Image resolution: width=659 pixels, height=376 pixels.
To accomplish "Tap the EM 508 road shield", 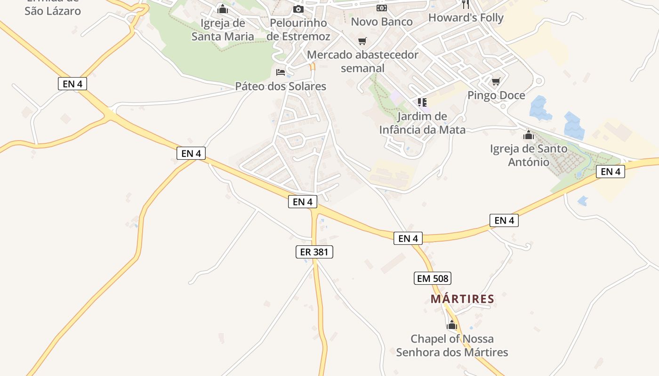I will (433, 278).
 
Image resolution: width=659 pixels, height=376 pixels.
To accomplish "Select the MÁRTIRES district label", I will (462, 299).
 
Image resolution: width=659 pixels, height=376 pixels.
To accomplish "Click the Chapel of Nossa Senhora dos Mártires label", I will (452, 345).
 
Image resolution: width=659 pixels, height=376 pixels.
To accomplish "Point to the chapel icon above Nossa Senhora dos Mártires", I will (452, 325).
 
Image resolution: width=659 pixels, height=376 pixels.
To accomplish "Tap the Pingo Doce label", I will (496, 95).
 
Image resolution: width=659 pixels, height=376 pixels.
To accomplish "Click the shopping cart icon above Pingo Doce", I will (496, 82).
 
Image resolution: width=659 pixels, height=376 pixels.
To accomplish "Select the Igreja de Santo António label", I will (528, 156).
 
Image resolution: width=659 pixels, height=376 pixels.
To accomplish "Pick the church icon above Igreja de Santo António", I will (528, 135).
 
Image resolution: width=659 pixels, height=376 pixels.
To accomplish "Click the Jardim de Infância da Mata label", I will (422, 123).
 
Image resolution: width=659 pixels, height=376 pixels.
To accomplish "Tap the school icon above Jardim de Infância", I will (422, 102).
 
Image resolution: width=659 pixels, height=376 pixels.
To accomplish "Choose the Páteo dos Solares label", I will (281, 86).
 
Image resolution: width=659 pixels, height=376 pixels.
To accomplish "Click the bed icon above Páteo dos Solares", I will (281, 72).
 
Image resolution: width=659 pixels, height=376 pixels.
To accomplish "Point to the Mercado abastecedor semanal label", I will (362, 62).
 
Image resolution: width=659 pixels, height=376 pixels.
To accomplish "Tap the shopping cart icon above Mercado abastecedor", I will (362, 41).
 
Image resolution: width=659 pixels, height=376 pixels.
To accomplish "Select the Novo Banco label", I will (382, 22).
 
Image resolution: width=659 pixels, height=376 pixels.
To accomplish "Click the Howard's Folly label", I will (466, 18).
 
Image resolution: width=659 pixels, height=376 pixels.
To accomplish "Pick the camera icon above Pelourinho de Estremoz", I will (298, 9).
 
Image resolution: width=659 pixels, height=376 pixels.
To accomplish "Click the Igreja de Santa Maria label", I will (223, 30).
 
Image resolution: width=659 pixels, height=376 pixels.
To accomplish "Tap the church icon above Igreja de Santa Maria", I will (223, 9).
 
